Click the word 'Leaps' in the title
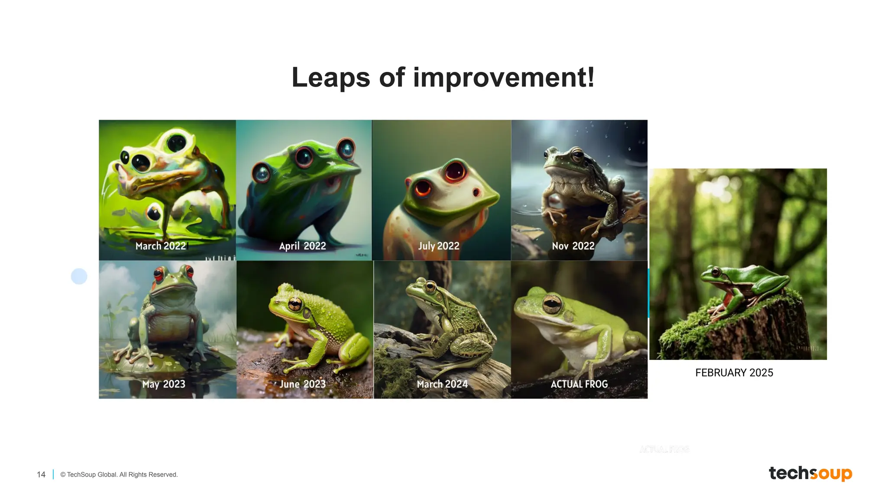(330, 78)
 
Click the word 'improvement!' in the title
(504, 78)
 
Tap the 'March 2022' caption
(161, 246)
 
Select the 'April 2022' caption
(302, 246)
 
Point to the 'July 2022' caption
(438, 246)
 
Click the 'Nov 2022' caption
(573, 246)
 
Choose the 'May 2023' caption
(164, 384)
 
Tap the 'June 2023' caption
(302, 384)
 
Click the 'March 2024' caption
(442, 384)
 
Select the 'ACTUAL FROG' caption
(579, 384)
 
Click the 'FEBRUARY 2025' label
(734, 373)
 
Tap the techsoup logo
(810, 473)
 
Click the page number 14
(41, 475)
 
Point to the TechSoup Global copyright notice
(119, 475)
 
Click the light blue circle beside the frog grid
(79, 276)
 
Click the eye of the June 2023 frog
(295, 304)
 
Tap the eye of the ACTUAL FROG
(552, 305)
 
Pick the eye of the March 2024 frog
(430, 286)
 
